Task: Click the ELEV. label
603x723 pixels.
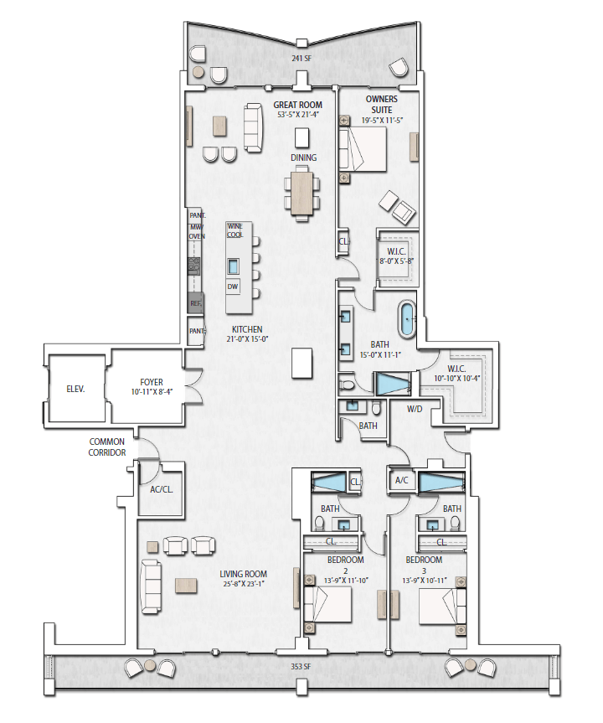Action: point(75,390)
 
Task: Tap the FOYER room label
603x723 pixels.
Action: point(152,382)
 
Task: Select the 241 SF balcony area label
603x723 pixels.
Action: point(301,59)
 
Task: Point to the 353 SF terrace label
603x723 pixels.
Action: point(301,666)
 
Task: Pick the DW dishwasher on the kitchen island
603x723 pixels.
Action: point(233,287)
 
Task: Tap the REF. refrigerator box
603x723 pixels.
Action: point(195,303)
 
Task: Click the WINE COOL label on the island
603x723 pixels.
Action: point(234,230)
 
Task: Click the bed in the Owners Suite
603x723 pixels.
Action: point(363,149)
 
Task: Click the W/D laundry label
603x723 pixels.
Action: point(415,409)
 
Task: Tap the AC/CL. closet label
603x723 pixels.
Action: point(162,490)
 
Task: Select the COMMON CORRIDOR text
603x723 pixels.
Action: point(107,447)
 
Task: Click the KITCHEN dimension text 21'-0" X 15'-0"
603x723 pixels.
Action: point(248,339)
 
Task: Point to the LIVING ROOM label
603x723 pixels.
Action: point(244,574)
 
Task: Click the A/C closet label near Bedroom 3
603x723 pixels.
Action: point(401,480)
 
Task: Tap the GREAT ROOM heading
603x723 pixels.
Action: point(298,105)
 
